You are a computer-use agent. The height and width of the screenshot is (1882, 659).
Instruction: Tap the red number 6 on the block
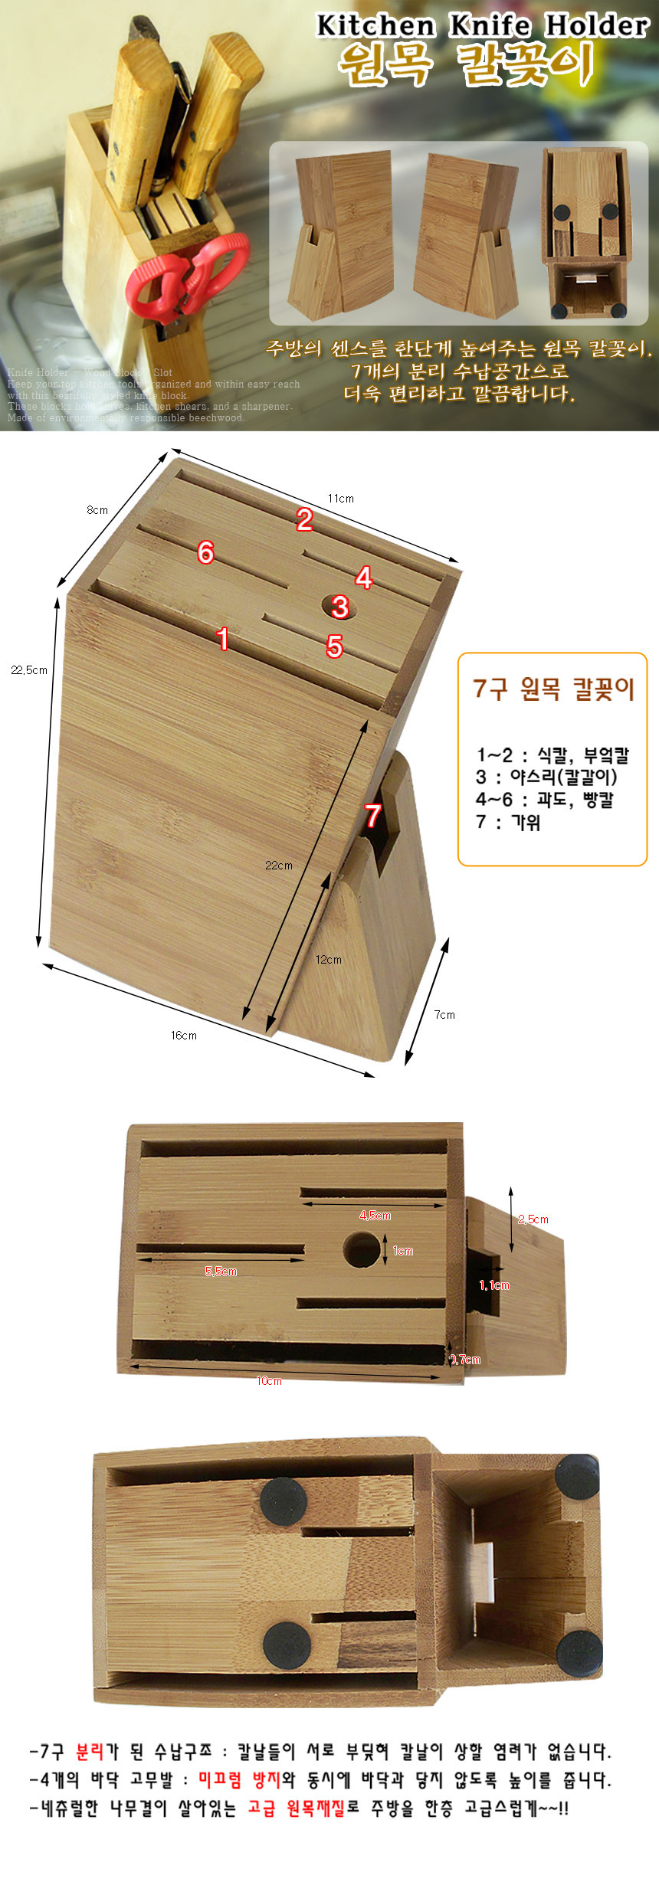205,552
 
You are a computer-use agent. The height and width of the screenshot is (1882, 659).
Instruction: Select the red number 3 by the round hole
340,607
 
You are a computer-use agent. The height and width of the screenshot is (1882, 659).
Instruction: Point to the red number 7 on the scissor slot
373,816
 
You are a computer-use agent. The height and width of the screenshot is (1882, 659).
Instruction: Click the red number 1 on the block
223,639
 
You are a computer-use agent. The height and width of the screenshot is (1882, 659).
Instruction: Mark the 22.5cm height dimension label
29,670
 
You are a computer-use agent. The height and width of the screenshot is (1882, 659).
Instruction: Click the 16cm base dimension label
184,1036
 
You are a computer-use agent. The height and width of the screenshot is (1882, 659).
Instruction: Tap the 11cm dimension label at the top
341,499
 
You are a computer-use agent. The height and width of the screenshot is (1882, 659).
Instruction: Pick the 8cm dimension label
97,510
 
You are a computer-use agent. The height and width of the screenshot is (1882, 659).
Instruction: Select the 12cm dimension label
329,960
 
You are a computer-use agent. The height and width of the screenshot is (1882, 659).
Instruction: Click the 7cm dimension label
444,1015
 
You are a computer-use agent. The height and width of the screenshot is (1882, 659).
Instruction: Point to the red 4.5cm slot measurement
375,1216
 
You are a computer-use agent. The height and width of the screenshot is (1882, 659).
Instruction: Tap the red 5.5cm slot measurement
221,1272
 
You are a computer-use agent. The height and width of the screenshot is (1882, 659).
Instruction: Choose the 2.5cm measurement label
533,1219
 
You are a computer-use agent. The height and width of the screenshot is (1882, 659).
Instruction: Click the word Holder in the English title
596,26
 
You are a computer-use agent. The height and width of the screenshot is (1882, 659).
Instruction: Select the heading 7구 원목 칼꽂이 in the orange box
553,689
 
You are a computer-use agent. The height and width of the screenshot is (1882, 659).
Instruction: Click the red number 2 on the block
305,520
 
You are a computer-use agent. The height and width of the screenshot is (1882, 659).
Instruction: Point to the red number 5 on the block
334,646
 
